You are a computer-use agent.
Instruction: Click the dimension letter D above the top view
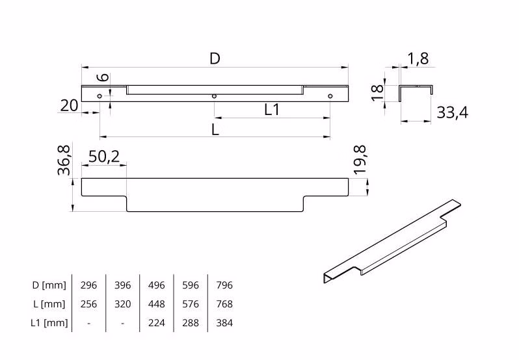(x=215, y=58)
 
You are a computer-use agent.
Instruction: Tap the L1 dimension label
(x=271, y=110)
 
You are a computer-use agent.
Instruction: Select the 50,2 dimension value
(x=103, y=156)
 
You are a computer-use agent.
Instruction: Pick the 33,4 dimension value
(x=453, y=113)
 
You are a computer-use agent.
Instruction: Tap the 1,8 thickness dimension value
(x=418, y=59)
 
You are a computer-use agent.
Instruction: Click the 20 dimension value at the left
(x=70, y=105)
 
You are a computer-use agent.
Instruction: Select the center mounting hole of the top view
(x=214, y=97)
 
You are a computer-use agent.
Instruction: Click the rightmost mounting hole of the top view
(x=330, y=97)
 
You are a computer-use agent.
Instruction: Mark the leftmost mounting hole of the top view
(x=100, y=97)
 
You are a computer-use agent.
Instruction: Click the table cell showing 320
(x=122, y=304)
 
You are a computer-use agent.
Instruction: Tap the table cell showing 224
(x=157, y=323)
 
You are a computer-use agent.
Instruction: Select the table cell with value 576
(x=190, y=304)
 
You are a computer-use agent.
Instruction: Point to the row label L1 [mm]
(x=50, y=323)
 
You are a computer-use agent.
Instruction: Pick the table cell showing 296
(x=88, y=285)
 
